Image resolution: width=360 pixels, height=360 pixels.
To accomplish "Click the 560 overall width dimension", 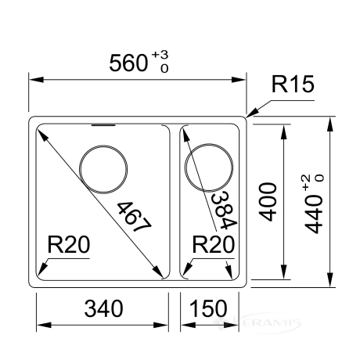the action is [x=128, y=63].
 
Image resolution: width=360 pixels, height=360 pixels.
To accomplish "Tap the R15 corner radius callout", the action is [x=293, y=84].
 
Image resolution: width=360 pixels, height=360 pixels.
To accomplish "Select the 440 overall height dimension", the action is [x=314, y=214].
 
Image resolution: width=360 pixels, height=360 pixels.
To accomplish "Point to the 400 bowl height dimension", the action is [x=268, y=202].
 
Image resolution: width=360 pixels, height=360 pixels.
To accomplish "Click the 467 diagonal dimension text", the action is [x=134, y=217].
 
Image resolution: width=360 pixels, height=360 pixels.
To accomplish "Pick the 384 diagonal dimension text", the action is [x=224, y=211].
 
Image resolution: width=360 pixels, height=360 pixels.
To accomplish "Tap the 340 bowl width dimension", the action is [x=103, y=308].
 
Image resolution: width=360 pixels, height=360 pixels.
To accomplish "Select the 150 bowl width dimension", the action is [x=208, y=308].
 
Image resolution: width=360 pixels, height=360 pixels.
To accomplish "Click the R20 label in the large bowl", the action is [x=69, y=245].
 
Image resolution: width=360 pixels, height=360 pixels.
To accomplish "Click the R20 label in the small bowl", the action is [x=214, y=245].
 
